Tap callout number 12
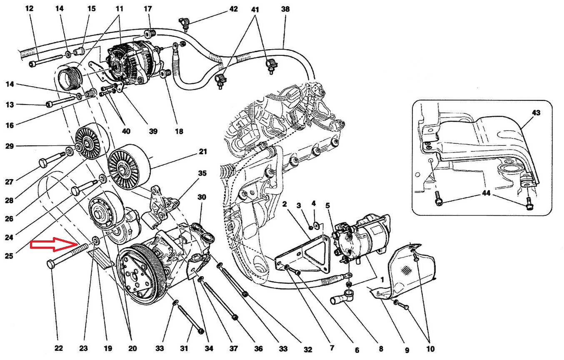(29, 8)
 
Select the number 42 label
(234, 9)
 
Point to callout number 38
(285, 9)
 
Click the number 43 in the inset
(535, 112)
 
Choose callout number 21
(202, 152)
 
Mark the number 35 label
(202, 173)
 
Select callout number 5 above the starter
(328, 205)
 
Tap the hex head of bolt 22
(51, 265)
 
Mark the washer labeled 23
(95, 241)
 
